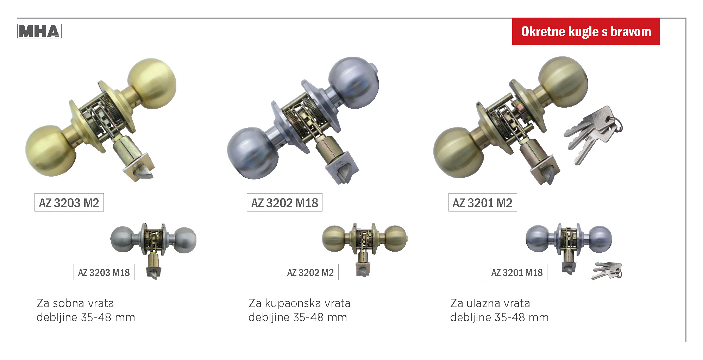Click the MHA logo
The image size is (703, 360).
point(39,31)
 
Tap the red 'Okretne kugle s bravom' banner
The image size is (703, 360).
point(586,31)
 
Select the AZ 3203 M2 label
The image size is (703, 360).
point(69,202)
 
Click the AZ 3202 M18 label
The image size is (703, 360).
point(284,202)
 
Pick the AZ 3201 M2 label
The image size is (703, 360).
point(483,202)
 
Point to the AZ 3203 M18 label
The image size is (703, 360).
point(104,272)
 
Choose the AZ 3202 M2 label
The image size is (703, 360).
point(310,272)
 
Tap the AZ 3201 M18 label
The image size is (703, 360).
point(517,272)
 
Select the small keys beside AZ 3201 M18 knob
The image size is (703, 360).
point(607,271)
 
